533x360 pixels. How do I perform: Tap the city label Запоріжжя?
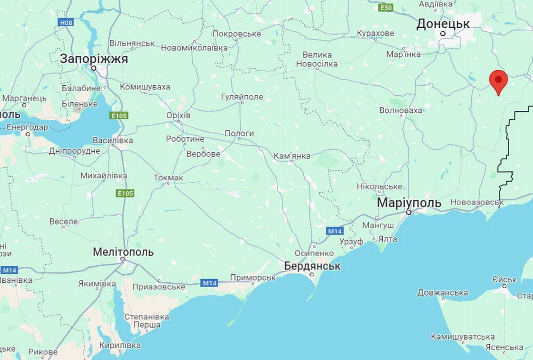[x=94, y=59]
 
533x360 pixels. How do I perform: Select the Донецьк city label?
[x=443, y=23]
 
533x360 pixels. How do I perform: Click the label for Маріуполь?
[x=409, y=203]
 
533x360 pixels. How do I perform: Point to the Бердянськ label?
[x=312, y=265]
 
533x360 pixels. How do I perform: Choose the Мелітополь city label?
[x=123, y=252]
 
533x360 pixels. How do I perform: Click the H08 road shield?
[x=66, y=23]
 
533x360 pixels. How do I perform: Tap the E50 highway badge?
[x=386, y=7]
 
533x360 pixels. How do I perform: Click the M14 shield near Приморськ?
[x=209, y=283]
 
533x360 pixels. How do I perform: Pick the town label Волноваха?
[x=400, y=110]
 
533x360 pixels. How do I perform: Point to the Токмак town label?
[x=168, y=177]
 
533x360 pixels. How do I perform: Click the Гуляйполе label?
[x=242, y=97]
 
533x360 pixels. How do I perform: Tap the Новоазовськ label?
[x=477, y=202]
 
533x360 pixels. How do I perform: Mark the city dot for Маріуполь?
[x=409, y=212]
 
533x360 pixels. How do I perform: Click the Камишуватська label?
[x=462, y=337]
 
